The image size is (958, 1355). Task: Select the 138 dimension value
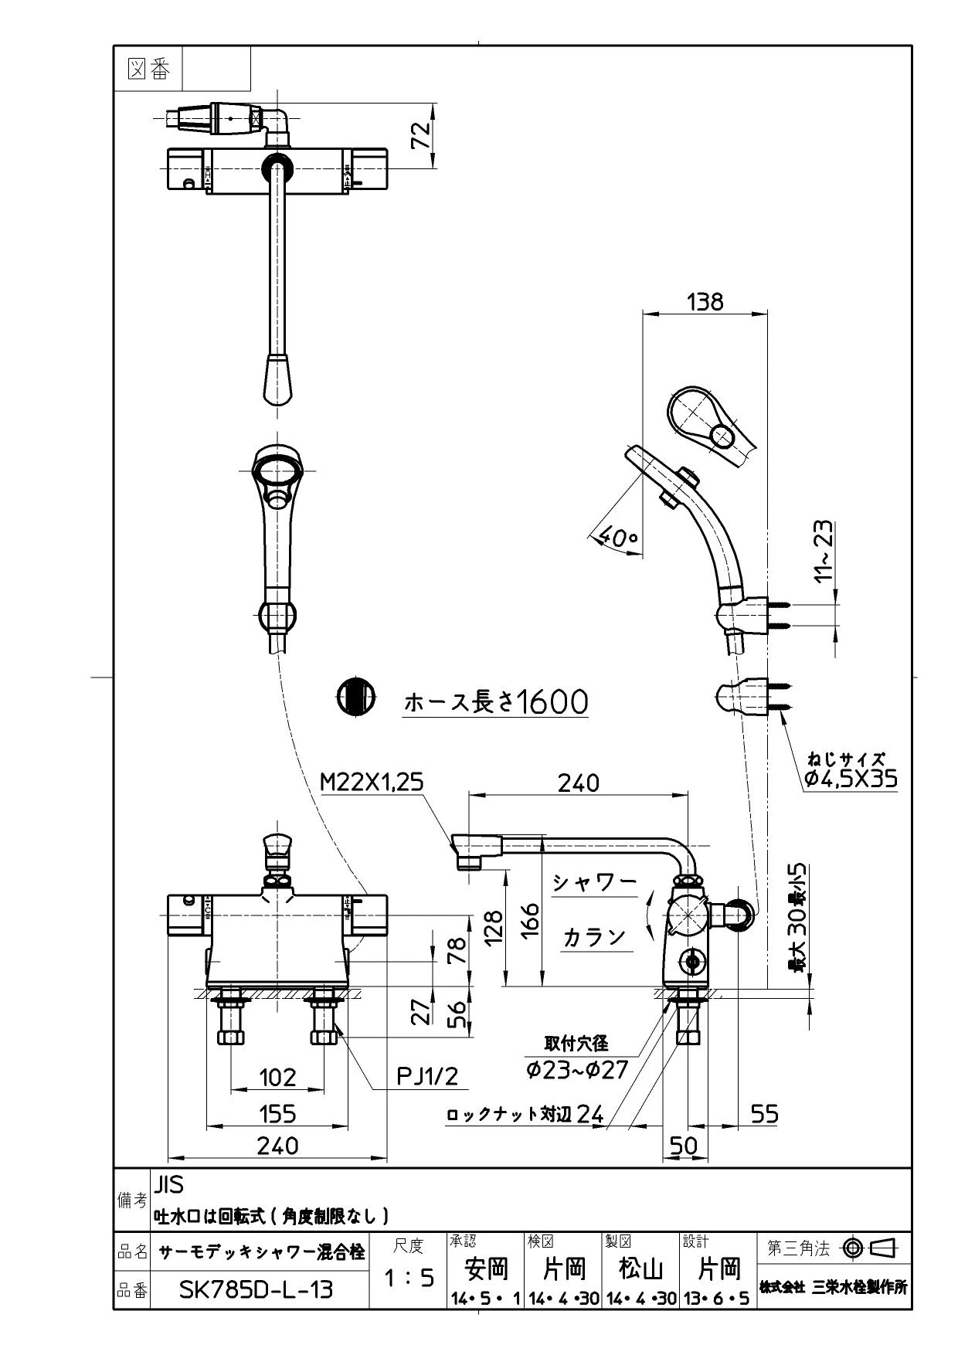click(x=705, y=301)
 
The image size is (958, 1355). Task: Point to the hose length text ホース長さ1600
click(x=496, y=701)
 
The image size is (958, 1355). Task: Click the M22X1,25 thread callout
click(x=372, y=783)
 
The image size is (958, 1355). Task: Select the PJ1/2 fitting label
click(x=427, y=1075)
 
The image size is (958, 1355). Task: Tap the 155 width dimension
click(x=277, y=1113)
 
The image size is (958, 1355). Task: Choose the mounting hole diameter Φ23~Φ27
click(x=577, y=1069)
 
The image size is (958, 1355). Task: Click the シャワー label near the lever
click(x=595, y=882)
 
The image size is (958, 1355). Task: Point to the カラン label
click(x=593, y=936)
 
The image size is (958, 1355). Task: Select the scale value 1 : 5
click(x=409, y=1279)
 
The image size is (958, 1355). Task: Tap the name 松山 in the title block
click(x=641, y=1268)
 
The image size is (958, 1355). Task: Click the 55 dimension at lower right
click(x=764, y=1113)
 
